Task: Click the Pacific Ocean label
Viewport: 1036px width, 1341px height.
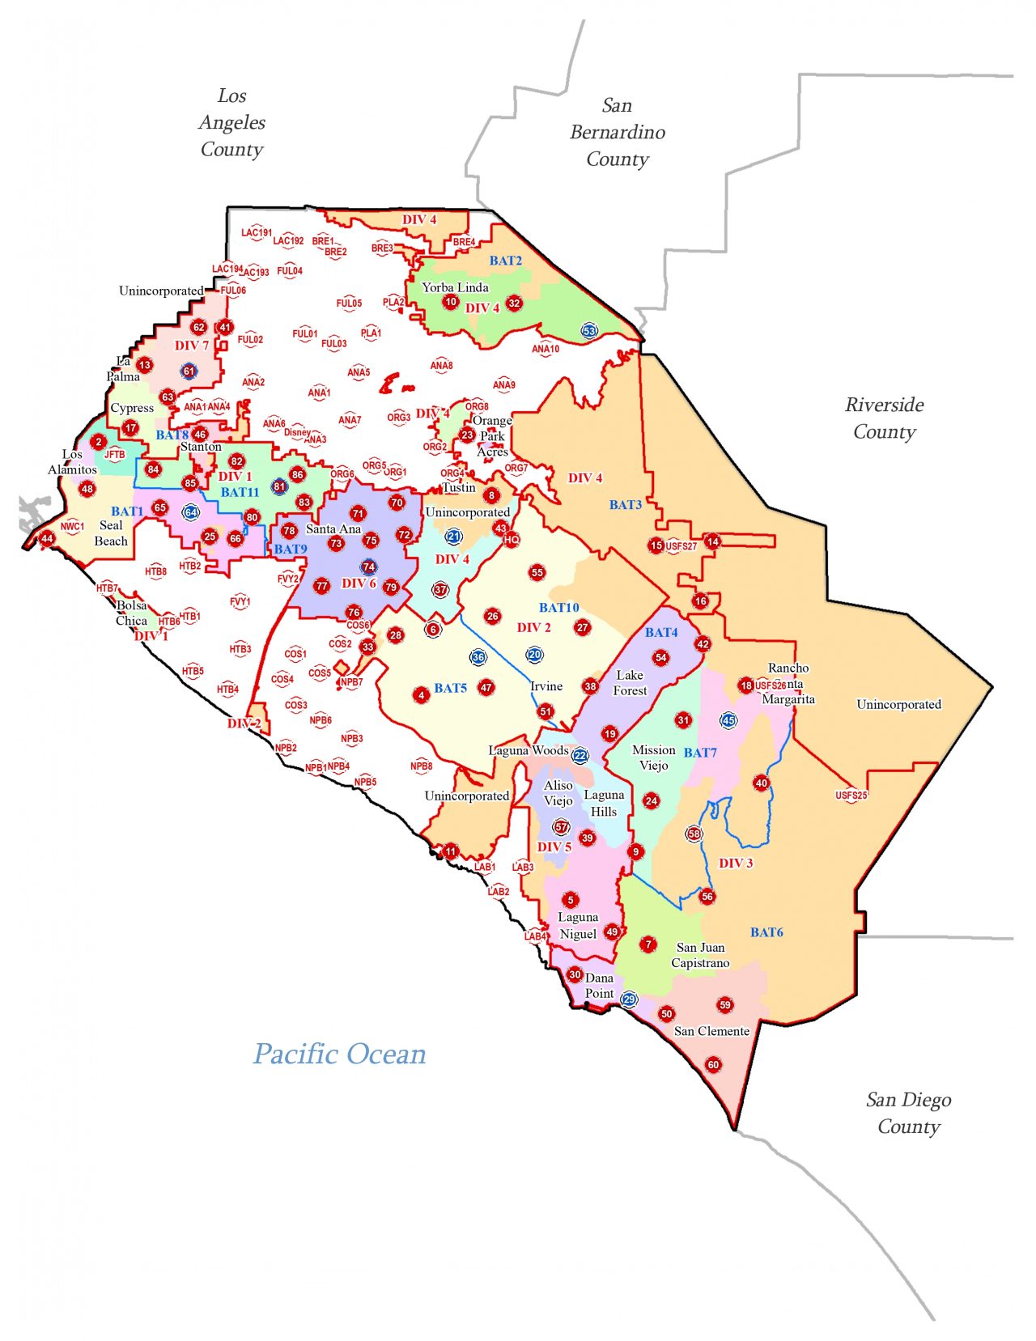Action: click(339, 1054)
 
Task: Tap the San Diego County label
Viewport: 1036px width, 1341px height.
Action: click(908, 1113)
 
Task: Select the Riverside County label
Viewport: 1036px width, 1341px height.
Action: click(884, 418)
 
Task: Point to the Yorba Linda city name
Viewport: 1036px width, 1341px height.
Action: click(455, 287)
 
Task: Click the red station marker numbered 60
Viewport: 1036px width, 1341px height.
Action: click(713, 1064)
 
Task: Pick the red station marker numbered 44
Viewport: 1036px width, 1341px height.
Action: click(47, 538)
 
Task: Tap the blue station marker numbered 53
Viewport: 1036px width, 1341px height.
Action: click(589, 330)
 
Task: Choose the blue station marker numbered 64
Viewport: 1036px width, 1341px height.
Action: click(191, 512)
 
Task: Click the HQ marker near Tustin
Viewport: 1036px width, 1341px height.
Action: click(512, 540)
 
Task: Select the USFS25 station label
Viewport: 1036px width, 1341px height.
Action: click(851, 796)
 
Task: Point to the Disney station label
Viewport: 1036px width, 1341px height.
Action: click(297, 432)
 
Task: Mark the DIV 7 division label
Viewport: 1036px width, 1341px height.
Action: click(192, 346)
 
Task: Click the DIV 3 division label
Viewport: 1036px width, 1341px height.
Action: click(736, 863)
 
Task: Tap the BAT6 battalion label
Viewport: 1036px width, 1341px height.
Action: click(766, 932)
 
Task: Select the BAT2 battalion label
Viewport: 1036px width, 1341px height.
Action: click(506, 261)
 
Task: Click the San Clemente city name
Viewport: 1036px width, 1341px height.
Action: click(711, 1031)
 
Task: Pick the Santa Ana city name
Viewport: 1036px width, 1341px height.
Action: click(333, 528)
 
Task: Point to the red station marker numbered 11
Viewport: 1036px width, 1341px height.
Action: click(451, 851)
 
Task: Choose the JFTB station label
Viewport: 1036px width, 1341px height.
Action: click(115, 455)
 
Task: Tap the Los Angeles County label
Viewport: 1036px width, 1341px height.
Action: click(231, 122)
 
